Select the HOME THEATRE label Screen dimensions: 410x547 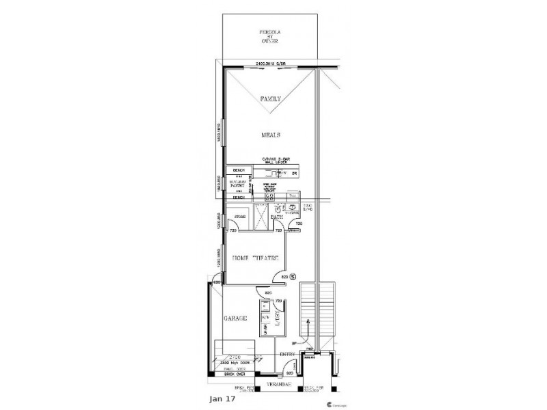click(256, 258)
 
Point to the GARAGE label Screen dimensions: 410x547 click(234, 319)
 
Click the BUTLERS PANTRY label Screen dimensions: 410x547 click(239, 183)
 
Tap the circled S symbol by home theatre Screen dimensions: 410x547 click(293, 276)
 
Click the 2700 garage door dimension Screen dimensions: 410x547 click(235, 357)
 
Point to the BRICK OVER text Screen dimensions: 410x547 click(235, 375)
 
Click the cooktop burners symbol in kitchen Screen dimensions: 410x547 click(261, 197)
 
